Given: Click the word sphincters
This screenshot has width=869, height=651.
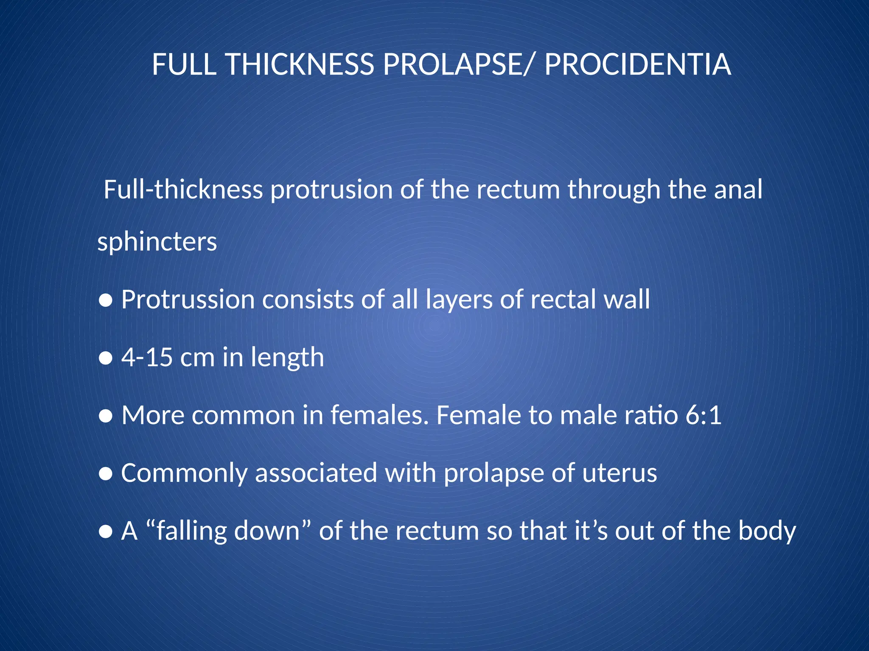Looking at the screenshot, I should click(x=157, y=242).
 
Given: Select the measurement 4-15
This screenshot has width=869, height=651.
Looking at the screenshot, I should click(x=147, y=357).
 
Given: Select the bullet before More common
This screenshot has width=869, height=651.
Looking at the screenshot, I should click(x=105, y=417).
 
